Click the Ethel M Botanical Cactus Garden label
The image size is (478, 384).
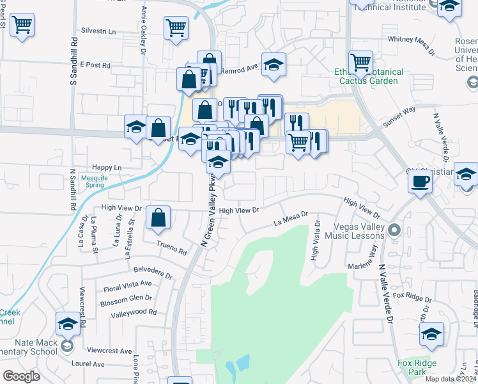point(369,77)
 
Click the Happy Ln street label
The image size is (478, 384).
point(107,168)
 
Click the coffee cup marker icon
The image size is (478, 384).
point(420,182)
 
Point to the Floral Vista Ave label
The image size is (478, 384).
point(128,283)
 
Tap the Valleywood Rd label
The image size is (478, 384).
point(134,312)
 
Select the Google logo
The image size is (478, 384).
point(21,376)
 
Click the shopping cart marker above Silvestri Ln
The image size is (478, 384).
point(176,28)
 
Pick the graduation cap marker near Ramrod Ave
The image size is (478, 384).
point(274,65)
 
